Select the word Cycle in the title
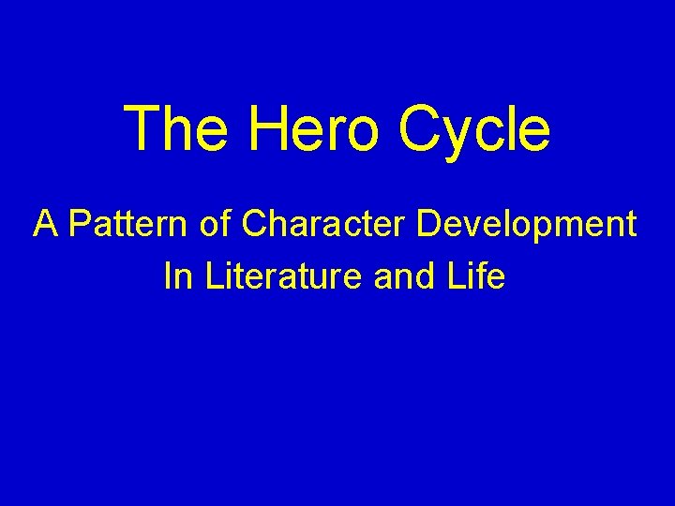475,130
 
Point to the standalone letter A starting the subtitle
44,224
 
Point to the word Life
478,276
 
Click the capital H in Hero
268,128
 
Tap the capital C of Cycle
420,128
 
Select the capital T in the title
142,128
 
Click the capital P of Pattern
79,224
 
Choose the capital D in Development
429,224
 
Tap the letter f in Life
486,275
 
